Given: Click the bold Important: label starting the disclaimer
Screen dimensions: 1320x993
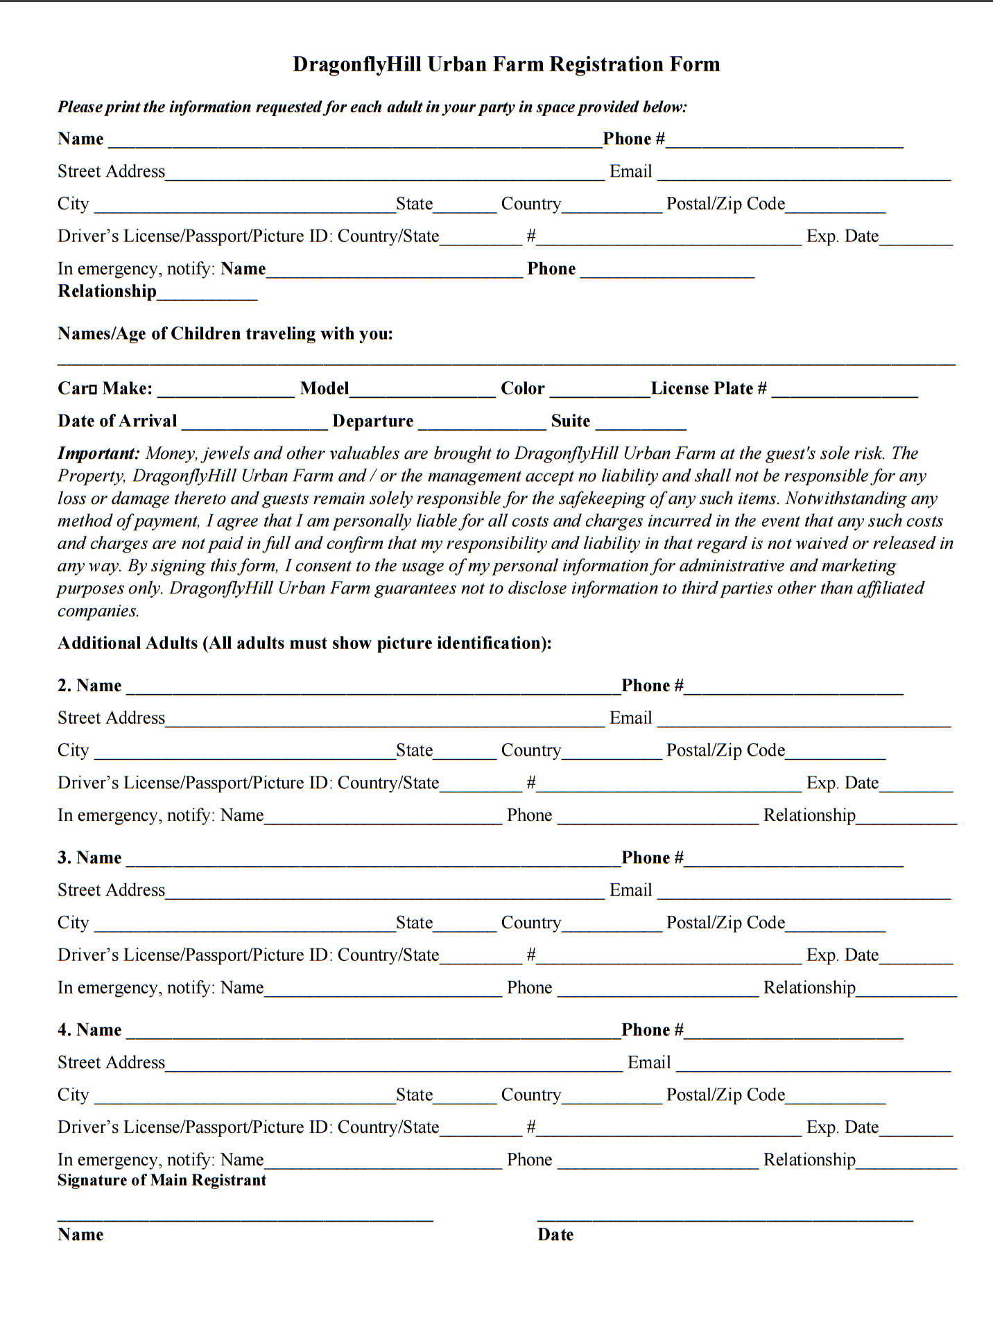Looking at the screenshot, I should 98,453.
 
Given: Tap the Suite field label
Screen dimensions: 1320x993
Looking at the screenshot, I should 570,421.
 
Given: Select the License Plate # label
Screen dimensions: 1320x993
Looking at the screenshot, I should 709,388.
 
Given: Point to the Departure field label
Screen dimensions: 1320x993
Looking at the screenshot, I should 372,421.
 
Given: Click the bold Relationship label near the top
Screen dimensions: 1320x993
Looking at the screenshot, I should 107,291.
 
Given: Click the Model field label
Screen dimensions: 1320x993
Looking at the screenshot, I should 324,388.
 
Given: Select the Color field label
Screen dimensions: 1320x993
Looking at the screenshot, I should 522,388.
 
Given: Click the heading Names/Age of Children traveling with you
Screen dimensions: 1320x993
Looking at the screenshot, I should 225,333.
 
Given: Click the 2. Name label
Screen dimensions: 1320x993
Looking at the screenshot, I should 89,686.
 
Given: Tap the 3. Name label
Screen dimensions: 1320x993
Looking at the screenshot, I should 89,858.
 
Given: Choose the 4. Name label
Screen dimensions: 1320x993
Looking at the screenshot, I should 89,1030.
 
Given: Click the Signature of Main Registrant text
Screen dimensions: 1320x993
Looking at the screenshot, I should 162,1180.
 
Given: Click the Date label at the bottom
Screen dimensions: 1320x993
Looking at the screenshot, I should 555,1234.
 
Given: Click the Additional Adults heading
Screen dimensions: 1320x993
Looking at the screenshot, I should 304,643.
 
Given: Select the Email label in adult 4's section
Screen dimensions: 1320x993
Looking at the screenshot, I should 648,1062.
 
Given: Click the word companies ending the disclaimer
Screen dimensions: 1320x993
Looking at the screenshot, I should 98,611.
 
